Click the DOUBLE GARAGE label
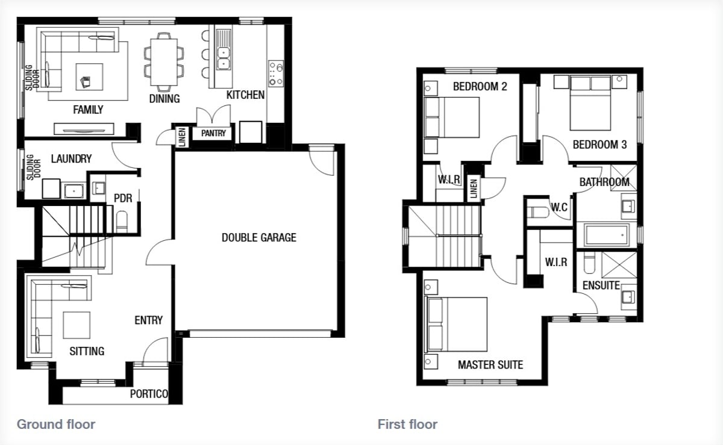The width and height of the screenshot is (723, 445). click(x=259, y=237)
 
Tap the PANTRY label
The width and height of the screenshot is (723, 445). click(x=213, y=133)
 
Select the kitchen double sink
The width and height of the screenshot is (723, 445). click(x=224, y=58)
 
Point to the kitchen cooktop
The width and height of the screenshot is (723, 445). click(x=276, y=73)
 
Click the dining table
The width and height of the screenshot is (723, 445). click(x=164, y=62)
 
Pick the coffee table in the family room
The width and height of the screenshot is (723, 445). click(x=89, y=77)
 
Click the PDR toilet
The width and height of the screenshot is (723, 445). click(x=122, y=221)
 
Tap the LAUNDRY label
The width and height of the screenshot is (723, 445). click(x=71, y=159)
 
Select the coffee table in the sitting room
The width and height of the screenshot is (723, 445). click(x=77, y=325)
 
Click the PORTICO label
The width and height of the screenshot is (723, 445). click(x=149, y=394)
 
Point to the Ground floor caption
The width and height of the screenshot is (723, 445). click(x=56, y=425)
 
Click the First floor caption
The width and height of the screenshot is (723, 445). click(x=407, y=425)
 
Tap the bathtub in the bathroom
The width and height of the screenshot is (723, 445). click(x=607, y=235)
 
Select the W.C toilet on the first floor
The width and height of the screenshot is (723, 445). click(x=537, y=213)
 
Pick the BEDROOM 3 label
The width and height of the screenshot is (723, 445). click(x=599, y=145)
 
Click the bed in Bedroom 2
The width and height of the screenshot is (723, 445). click(x=452, y=117)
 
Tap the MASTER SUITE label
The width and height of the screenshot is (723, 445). click(x=490, y=365)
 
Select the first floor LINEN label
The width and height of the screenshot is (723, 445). click(x=474, y=188)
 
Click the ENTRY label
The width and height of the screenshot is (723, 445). click(x=148, y=320)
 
